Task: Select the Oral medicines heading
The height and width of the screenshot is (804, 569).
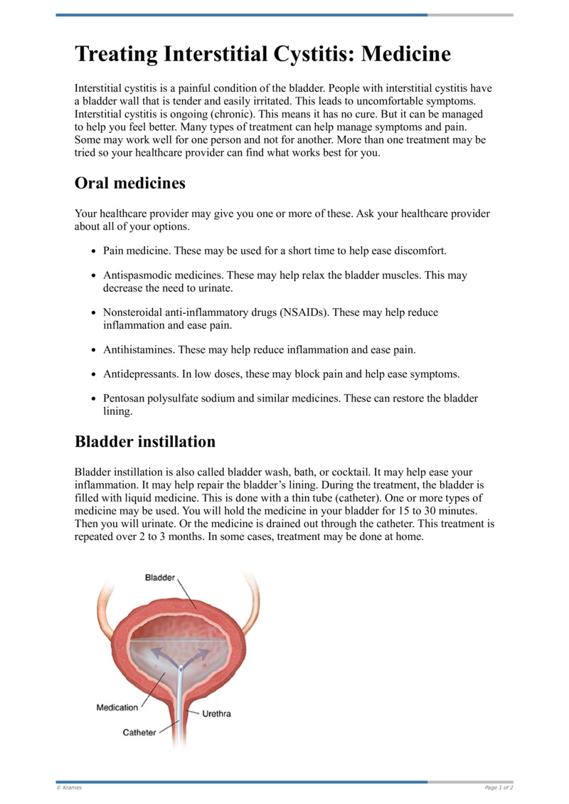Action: [130, 183]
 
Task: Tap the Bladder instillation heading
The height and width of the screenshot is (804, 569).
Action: [145, 441]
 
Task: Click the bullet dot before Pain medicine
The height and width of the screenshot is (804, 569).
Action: [95, 252]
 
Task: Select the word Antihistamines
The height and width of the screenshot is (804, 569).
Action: [139, 349]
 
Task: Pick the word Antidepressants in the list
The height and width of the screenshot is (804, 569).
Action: [140, 374]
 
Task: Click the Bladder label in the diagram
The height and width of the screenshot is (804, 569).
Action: [160, 578]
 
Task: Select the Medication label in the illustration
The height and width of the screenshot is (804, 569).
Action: [117, 707]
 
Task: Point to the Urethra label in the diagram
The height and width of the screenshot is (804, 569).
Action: [217, 713]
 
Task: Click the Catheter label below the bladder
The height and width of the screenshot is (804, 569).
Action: [139, 732]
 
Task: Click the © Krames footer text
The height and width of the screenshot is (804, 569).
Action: [69, 788]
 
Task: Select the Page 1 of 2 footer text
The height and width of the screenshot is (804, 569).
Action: [499, 788]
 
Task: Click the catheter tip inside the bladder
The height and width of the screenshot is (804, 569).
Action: [181, 669]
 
